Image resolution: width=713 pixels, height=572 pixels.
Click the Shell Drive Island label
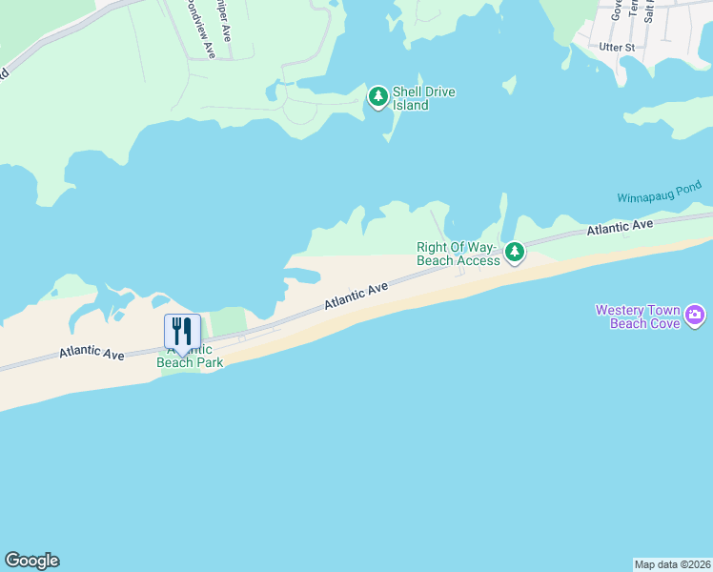(x=423, y=98)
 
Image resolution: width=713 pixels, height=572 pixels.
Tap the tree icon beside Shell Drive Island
(x=378, y=95)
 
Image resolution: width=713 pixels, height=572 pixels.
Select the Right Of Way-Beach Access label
(x=458, y=254)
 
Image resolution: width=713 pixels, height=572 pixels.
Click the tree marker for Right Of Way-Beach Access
(x=515, y=252)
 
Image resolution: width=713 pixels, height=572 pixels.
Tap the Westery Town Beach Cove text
(x=638, y=317)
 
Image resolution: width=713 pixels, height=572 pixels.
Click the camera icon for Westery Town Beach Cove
(x=695, y=315)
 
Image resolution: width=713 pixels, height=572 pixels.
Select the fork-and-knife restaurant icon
(x=182, y=331)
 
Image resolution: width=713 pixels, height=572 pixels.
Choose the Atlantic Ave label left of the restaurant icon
(x=92, y=353)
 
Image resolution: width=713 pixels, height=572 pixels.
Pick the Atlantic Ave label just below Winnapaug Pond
(x=620, y=227)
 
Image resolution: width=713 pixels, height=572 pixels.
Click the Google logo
(x=31, y=561)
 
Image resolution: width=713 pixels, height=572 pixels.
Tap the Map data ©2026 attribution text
(x=673, y=564)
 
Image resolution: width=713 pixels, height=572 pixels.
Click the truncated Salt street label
(x=648, y=10)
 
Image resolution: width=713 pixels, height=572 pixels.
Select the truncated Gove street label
(x=617, y=9)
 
